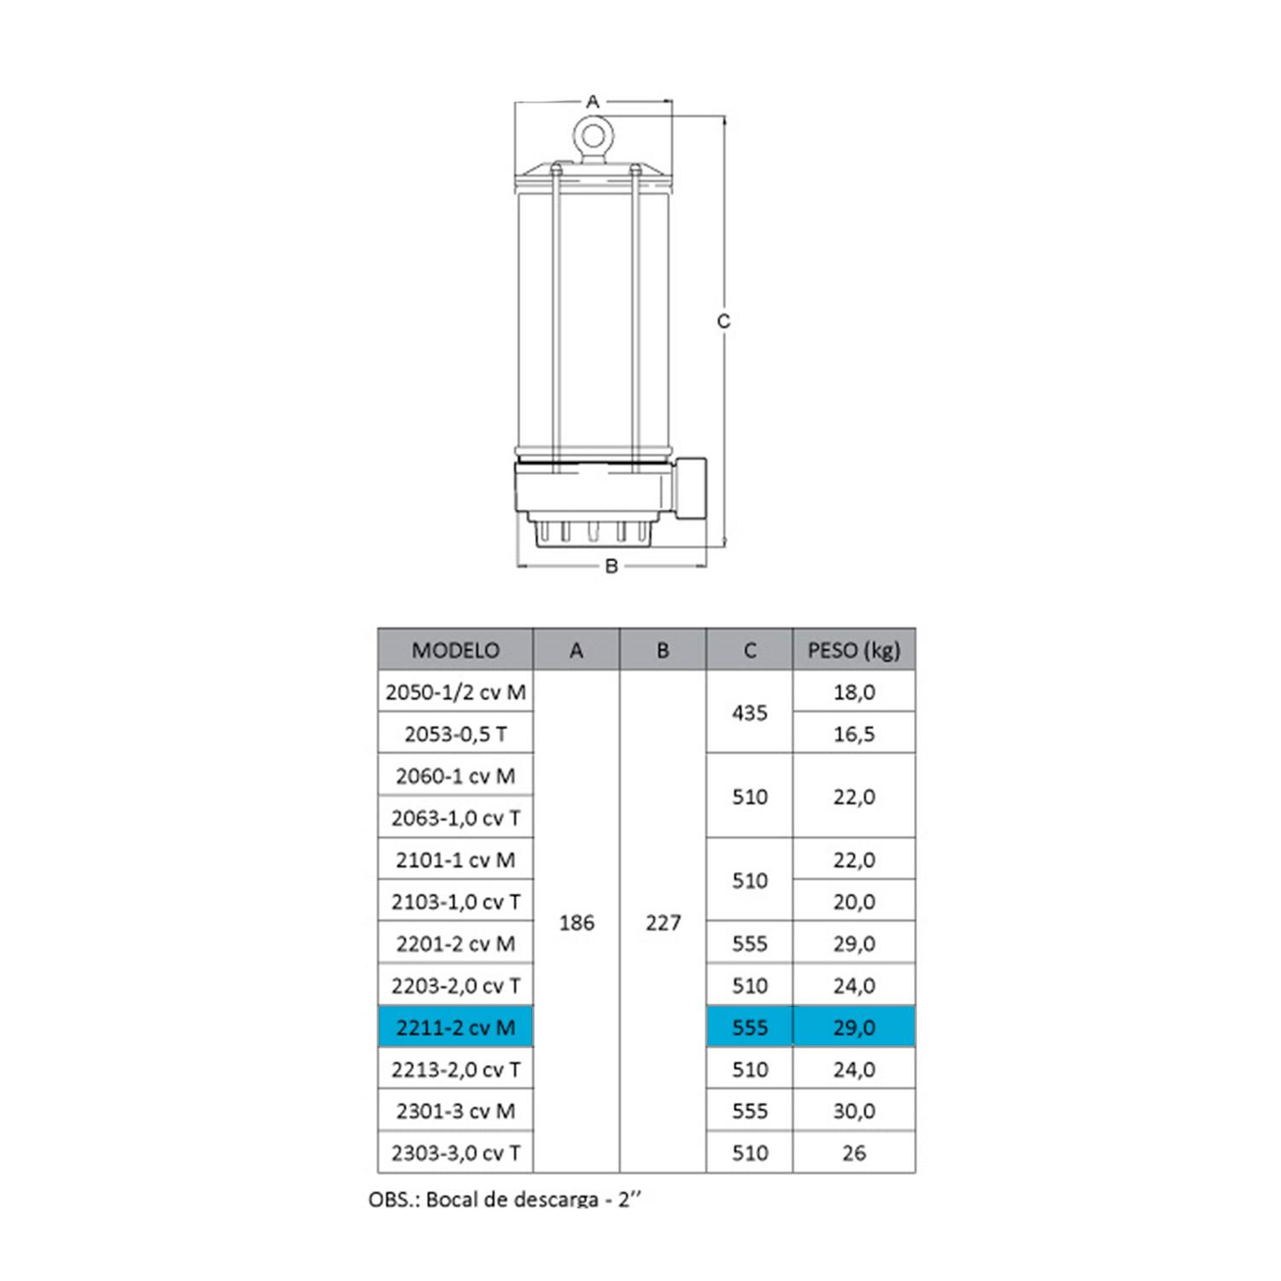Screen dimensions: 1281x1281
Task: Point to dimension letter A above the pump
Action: click(x=593, y=102)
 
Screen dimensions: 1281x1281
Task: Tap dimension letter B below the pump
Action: click(x=611, y=565)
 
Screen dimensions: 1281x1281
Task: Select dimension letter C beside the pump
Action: click(x=724, y=321)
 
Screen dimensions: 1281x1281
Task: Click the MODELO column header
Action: click(x=456, y=650)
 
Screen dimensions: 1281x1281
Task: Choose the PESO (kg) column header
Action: click(x=854, y=650)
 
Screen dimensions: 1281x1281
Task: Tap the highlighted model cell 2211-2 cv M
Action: click(x=456, y=1027)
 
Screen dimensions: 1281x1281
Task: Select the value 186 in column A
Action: click(x=576, y=922)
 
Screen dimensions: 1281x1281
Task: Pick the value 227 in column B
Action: click(x=663, y=922)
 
